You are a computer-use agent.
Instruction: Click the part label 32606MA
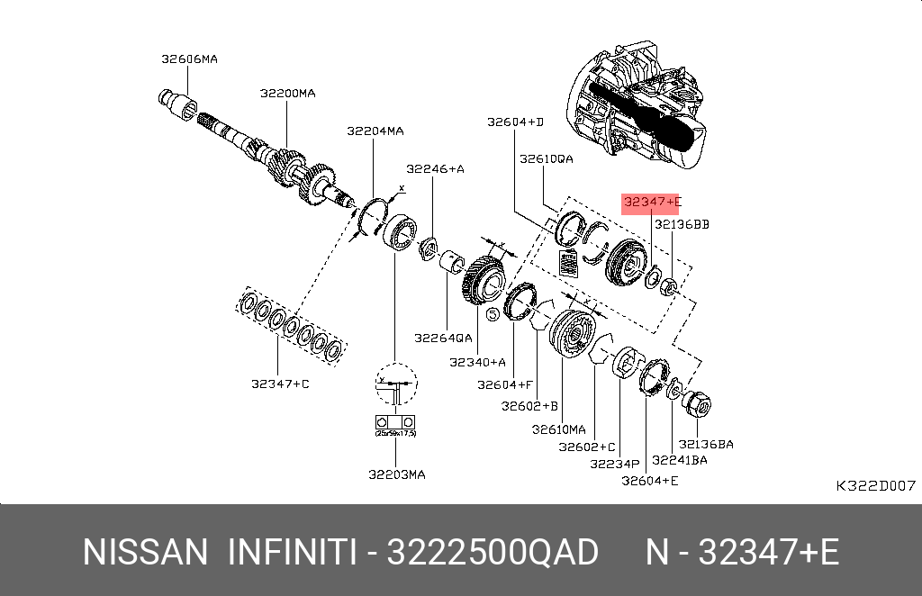click(189, 59)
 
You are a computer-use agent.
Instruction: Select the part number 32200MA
click(287, 93)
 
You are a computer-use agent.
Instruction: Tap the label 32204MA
click(375, 131)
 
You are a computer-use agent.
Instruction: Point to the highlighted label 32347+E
click(653, 203)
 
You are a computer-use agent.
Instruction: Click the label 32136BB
click(682, 224)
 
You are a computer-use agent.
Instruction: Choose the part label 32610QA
click(546, 158)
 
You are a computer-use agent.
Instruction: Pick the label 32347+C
click(280, 384)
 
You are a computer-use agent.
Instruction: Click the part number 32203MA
click(396, 474)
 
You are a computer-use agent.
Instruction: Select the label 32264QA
click(443, 339)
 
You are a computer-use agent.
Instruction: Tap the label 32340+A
click(477, 362)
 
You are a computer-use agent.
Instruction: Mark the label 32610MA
click(558, 429)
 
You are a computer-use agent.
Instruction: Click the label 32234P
click(614, 464)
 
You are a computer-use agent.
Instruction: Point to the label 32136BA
click(706, 444)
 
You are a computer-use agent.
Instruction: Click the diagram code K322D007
click(875, 486)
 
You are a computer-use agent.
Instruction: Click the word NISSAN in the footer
click(145, 552)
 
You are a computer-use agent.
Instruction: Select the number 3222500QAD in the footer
click(492, 552)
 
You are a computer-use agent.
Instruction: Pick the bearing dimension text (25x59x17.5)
click(394, 434)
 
